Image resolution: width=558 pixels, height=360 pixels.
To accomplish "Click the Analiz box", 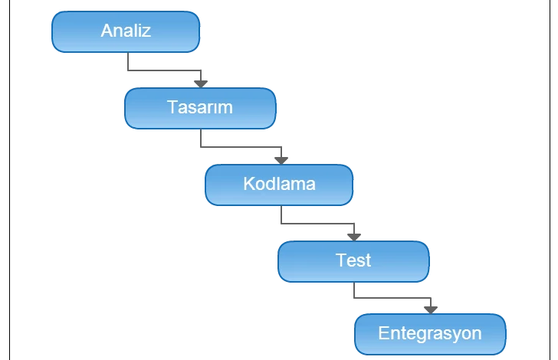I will click(x=126, y=32).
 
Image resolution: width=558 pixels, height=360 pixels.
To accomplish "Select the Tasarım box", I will click(x=199, y=108).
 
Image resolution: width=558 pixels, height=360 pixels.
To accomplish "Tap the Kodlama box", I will click(x=279, y=185).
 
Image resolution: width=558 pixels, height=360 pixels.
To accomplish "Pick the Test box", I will click(x=353, y=260).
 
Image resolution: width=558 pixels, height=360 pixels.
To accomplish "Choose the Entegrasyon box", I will click(x=430, y=334).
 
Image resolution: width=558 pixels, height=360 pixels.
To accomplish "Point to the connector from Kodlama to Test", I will click(x=314, y=224).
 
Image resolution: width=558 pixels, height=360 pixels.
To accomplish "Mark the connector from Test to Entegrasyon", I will click(x=391, y=299).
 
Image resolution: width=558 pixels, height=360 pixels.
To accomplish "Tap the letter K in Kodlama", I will click(x=248, y=184).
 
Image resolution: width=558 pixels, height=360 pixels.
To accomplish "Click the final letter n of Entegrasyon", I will click(x=477, y=335).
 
